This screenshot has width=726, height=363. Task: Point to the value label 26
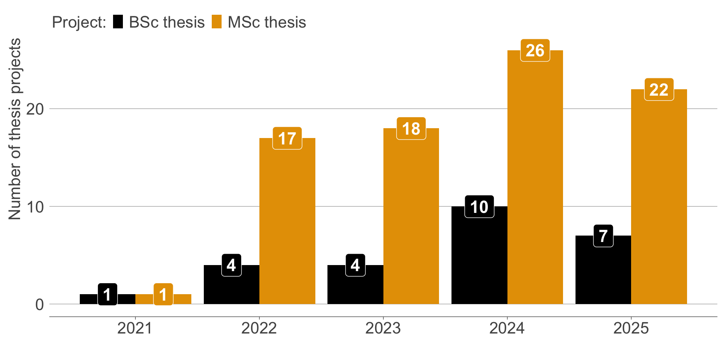pos(535,50)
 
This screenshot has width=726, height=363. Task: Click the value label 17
pos(287,138)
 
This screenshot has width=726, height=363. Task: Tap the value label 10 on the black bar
pos(479,207)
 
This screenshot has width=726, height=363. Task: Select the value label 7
pos(603,236)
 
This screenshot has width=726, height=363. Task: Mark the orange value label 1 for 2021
pos(163,295)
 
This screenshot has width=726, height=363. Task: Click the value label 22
pos(659,90)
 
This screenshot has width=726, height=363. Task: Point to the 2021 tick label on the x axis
pos(135,328)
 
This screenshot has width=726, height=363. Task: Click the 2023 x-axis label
pos(383,328)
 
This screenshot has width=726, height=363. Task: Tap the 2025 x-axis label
pos(631,328)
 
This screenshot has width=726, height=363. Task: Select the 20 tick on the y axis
pos(35,109)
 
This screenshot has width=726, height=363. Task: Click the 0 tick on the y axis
pos(39,305)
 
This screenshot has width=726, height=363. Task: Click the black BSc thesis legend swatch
pos(118,22)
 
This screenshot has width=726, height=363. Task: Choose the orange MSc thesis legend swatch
pos(217,22)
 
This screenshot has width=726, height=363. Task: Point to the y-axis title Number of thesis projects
pos(15,129)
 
